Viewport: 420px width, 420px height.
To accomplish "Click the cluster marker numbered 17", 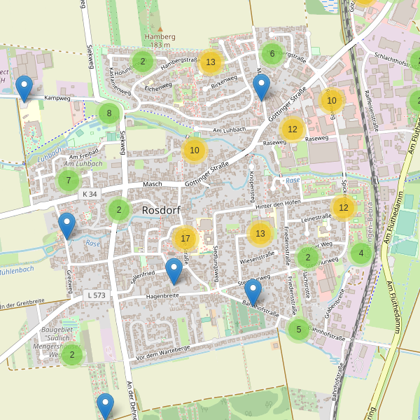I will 185,239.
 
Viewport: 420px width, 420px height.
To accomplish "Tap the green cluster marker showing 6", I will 272,53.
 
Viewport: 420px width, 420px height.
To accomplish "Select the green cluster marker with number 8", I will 109,113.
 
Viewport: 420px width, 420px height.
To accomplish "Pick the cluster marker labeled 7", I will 68,181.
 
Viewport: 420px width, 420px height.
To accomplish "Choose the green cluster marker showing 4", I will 361,253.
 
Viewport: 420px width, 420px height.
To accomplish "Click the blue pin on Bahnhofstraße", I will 253,293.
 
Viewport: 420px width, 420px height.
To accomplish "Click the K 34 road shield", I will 89,194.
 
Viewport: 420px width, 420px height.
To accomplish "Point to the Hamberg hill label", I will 155,36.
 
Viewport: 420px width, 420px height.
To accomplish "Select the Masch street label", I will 152,183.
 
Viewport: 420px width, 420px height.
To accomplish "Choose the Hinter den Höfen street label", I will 278,203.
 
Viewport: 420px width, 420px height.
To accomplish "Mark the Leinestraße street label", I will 316,218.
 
